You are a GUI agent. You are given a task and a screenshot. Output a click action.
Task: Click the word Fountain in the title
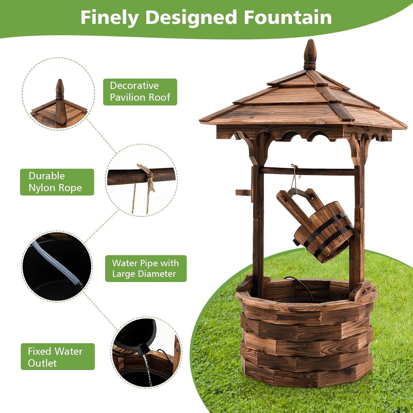288,17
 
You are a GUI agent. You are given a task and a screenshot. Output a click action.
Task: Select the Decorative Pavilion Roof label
140,92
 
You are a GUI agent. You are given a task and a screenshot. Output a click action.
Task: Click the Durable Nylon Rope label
57,182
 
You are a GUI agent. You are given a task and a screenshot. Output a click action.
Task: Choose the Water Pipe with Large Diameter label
146,268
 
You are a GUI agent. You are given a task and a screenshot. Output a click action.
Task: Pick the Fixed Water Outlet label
58,357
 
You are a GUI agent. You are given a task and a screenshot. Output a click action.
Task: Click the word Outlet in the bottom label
42,363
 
